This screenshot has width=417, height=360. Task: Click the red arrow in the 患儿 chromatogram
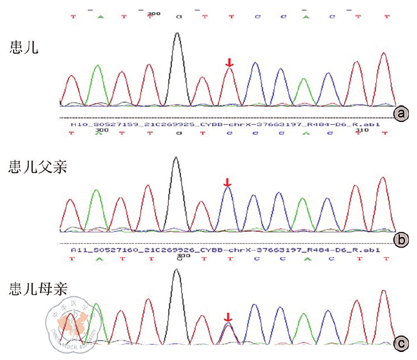(229, 63)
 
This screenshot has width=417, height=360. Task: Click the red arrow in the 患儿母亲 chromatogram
(228, 317)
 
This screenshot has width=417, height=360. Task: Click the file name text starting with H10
(225, 124)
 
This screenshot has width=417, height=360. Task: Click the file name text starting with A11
(225, 249)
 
